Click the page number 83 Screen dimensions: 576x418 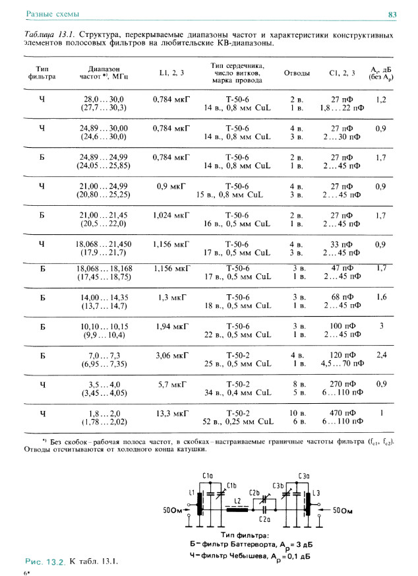point(391,14)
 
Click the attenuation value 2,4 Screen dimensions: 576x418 point(381,355)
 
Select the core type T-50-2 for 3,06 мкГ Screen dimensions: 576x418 point(238,355)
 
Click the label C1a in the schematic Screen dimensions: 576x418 point(208,475)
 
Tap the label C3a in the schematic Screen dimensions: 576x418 point(303,475)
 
